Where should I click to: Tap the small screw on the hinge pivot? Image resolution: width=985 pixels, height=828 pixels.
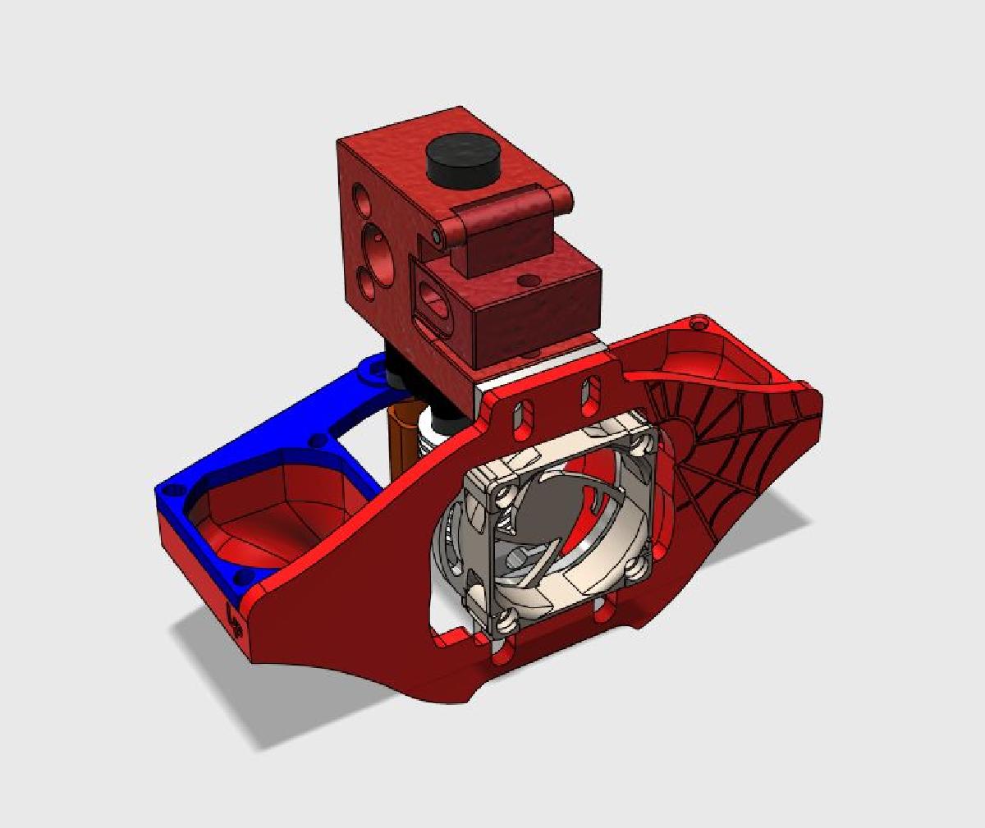click(x=439, y=236)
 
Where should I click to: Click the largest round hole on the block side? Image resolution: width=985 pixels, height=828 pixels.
click(x=377, y=239)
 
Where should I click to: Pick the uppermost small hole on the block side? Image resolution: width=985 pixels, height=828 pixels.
click(x=362, y=197)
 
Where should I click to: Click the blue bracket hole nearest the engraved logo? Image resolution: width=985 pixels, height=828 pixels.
click(x=239, y=583)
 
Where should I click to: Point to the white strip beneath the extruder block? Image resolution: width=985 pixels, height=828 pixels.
click(x=542, y=369)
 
